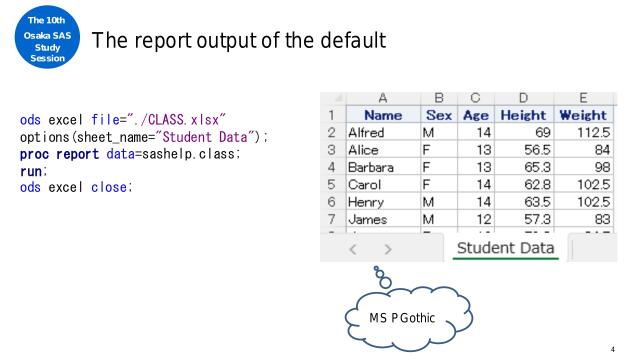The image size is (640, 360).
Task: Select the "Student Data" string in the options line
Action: coord(189,138)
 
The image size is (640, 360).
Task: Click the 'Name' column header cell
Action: coord(381,115)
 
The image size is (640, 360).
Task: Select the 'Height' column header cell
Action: coord(523,115)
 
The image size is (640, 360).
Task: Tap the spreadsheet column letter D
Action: coord(523,99)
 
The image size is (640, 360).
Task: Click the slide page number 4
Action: coord(626,350)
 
